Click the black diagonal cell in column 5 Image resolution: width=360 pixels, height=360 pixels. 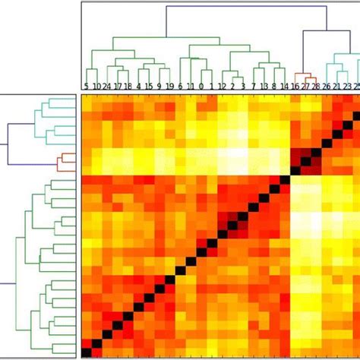87,352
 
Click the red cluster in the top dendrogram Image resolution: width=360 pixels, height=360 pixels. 305,76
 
